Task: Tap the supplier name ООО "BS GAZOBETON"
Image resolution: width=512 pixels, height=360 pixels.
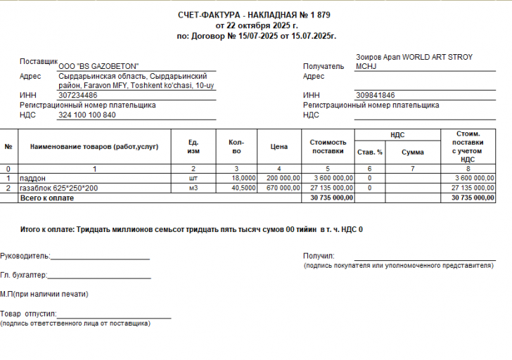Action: [x=98, y=66]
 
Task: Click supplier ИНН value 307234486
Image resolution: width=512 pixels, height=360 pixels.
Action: [x=78, y=95]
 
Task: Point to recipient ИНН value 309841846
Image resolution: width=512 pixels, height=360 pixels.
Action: [x=376, y=95]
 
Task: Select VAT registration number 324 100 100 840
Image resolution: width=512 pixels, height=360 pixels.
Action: [x=87, y=115]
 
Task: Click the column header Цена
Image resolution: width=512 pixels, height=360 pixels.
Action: [x=279, y=147]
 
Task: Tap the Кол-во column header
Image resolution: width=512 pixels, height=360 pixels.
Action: [x=236, y=146]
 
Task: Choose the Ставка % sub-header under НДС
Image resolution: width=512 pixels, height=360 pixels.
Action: [x=369, y=152]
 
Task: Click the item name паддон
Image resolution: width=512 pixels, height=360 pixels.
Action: [x=32, y=179]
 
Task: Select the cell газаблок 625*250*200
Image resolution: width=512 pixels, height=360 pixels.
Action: [x=59, y=188]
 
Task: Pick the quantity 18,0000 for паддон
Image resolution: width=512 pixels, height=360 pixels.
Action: [x=243, y=179]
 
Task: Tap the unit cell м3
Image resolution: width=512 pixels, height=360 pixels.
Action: [x=193, y=188]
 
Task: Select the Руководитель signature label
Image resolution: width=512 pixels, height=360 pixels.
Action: [x=25, y=256]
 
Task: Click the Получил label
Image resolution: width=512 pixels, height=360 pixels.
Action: [x=319, y=256]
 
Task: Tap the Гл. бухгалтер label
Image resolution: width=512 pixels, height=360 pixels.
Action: [x=23, y=275]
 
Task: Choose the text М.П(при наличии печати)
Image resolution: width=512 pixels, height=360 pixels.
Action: [x=44, y=294]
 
